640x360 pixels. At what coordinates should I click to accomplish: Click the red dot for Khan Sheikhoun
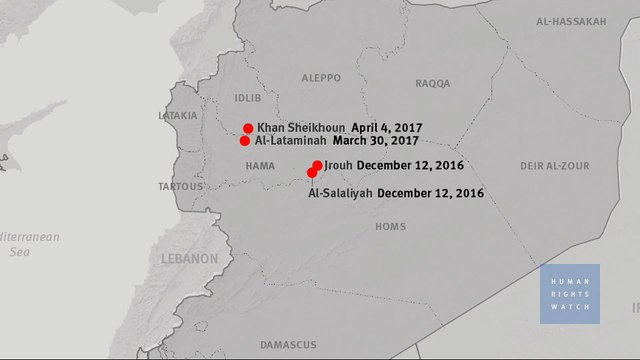(248, 128)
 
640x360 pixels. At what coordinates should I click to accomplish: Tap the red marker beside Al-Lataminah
(245, 141)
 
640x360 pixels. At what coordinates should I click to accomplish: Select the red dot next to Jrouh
(317, 165)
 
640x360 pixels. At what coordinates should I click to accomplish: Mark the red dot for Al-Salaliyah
(312, 173)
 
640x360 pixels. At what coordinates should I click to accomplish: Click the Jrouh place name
(338, 165)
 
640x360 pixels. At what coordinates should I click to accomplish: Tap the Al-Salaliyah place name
(339, 193)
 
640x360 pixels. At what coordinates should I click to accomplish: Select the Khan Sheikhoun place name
(301, 129)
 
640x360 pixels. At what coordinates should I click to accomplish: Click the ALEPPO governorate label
(321, 77)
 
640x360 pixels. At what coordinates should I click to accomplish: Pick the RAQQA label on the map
(432, 85)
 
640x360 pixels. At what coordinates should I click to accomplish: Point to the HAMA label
(259, 166)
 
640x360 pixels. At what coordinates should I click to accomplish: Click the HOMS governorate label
(390, 227)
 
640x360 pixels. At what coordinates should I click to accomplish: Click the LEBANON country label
(189, 259)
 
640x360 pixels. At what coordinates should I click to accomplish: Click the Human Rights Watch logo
(570, 293)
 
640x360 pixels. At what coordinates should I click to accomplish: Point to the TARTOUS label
(181, 187)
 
